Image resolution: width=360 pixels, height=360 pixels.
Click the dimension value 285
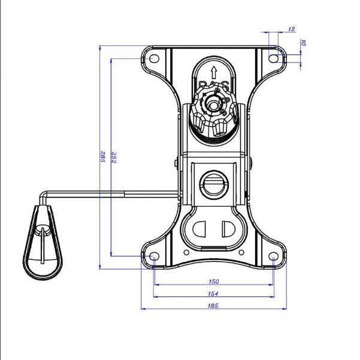[x=104, y=158]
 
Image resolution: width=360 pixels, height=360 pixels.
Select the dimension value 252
[x=114, y=158]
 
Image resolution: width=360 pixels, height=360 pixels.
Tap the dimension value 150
[x=214, y=281]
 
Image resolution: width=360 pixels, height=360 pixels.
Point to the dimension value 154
[x=214, y=294]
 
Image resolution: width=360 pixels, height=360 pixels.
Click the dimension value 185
[x=214, y=305]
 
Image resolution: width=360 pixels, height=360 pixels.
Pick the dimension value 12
[x=292, y=28]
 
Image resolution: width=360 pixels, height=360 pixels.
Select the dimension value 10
[x=304, y=43]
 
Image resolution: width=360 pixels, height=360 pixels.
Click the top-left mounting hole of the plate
[x=154, y=59]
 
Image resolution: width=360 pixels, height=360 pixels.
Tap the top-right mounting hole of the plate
[x=274, y=59]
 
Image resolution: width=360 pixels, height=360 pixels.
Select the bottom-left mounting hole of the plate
[x=154, y=256]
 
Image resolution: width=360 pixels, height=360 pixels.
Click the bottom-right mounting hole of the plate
[x=274, y=256]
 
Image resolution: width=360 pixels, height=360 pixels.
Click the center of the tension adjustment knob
[x=214, y=102]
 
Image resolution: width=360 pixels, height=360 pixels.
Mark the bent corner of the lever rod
[x=43, y=193]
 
